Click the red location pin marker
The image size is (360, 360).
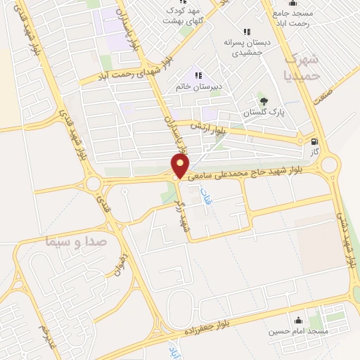coord(181,167)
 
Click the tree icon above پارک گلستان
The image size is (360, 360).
coord(264,101)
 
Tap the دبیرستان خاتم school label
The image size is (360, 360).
coord(199,86)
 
